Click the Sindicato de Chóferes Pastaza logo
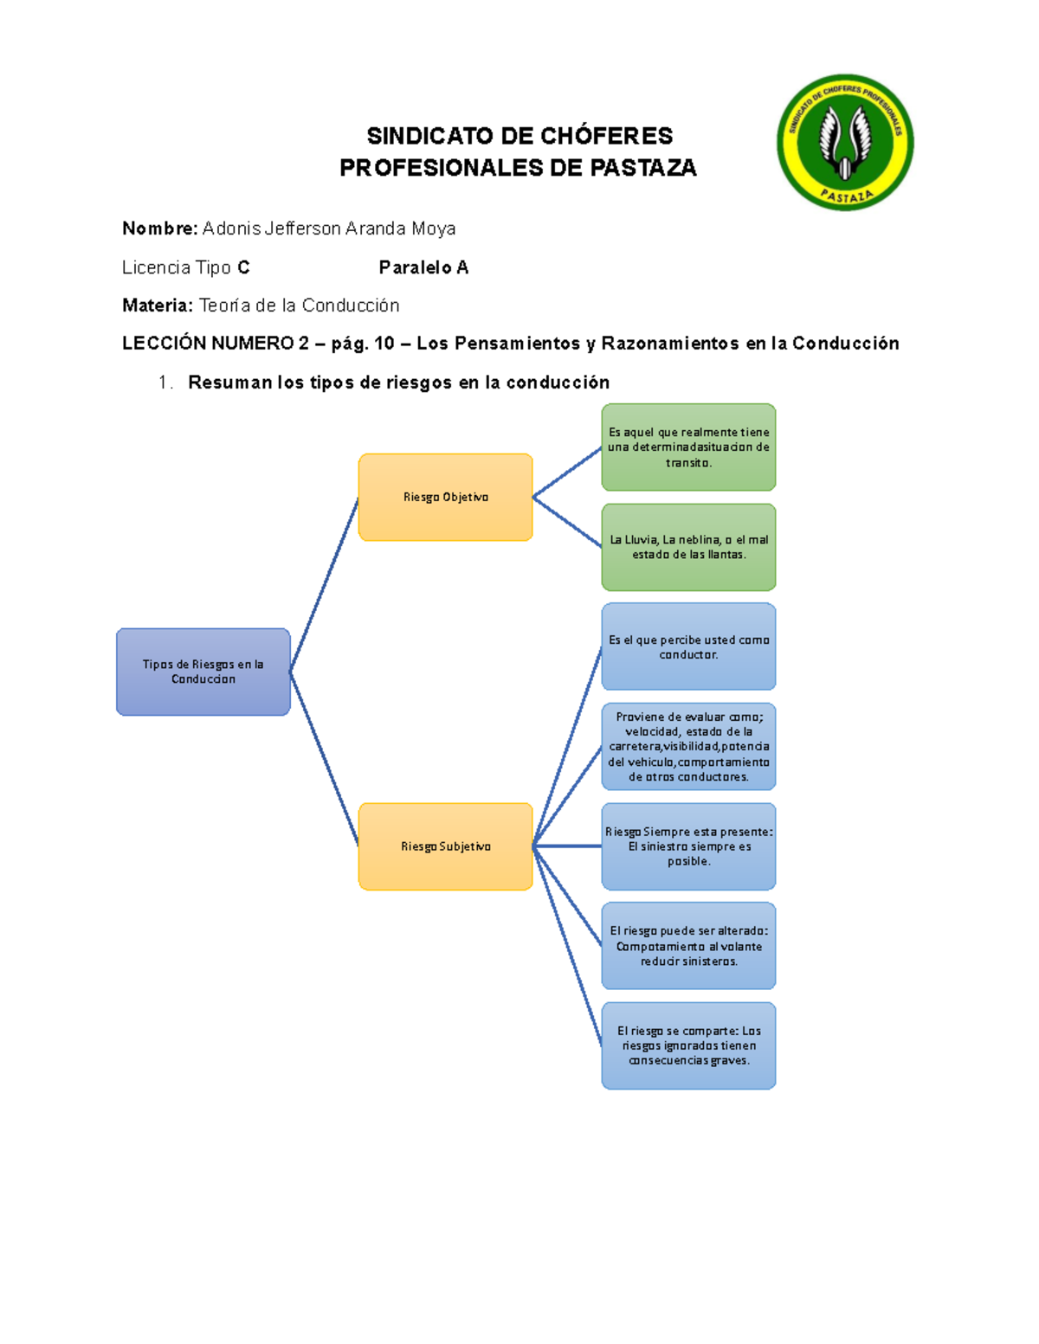(844, 142)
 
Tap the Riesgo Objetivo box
(445, 497)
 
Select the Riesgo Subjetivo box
(445, 846)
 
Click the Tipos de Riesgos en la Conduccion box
(203, 672)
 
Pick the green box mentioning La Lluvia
(688, 547)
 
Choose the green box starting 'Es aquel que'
(688, 447)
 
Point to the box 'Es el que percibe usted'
(688, 646)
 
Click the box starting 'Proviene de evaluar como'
(688, 746)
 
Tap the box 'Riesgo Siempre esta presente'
(688, 846)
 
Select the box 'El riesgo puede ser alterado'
(688, 946)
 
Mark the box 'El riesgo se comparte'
(688, 1045)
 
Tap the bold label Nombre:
(160, 228)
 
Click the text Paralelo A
(423, 267)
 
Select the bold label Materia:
(158, 305)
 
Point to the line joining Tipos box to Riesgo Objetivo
(324, 585)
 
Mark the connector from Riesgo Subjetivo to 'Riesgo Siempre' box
(567, 846)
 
